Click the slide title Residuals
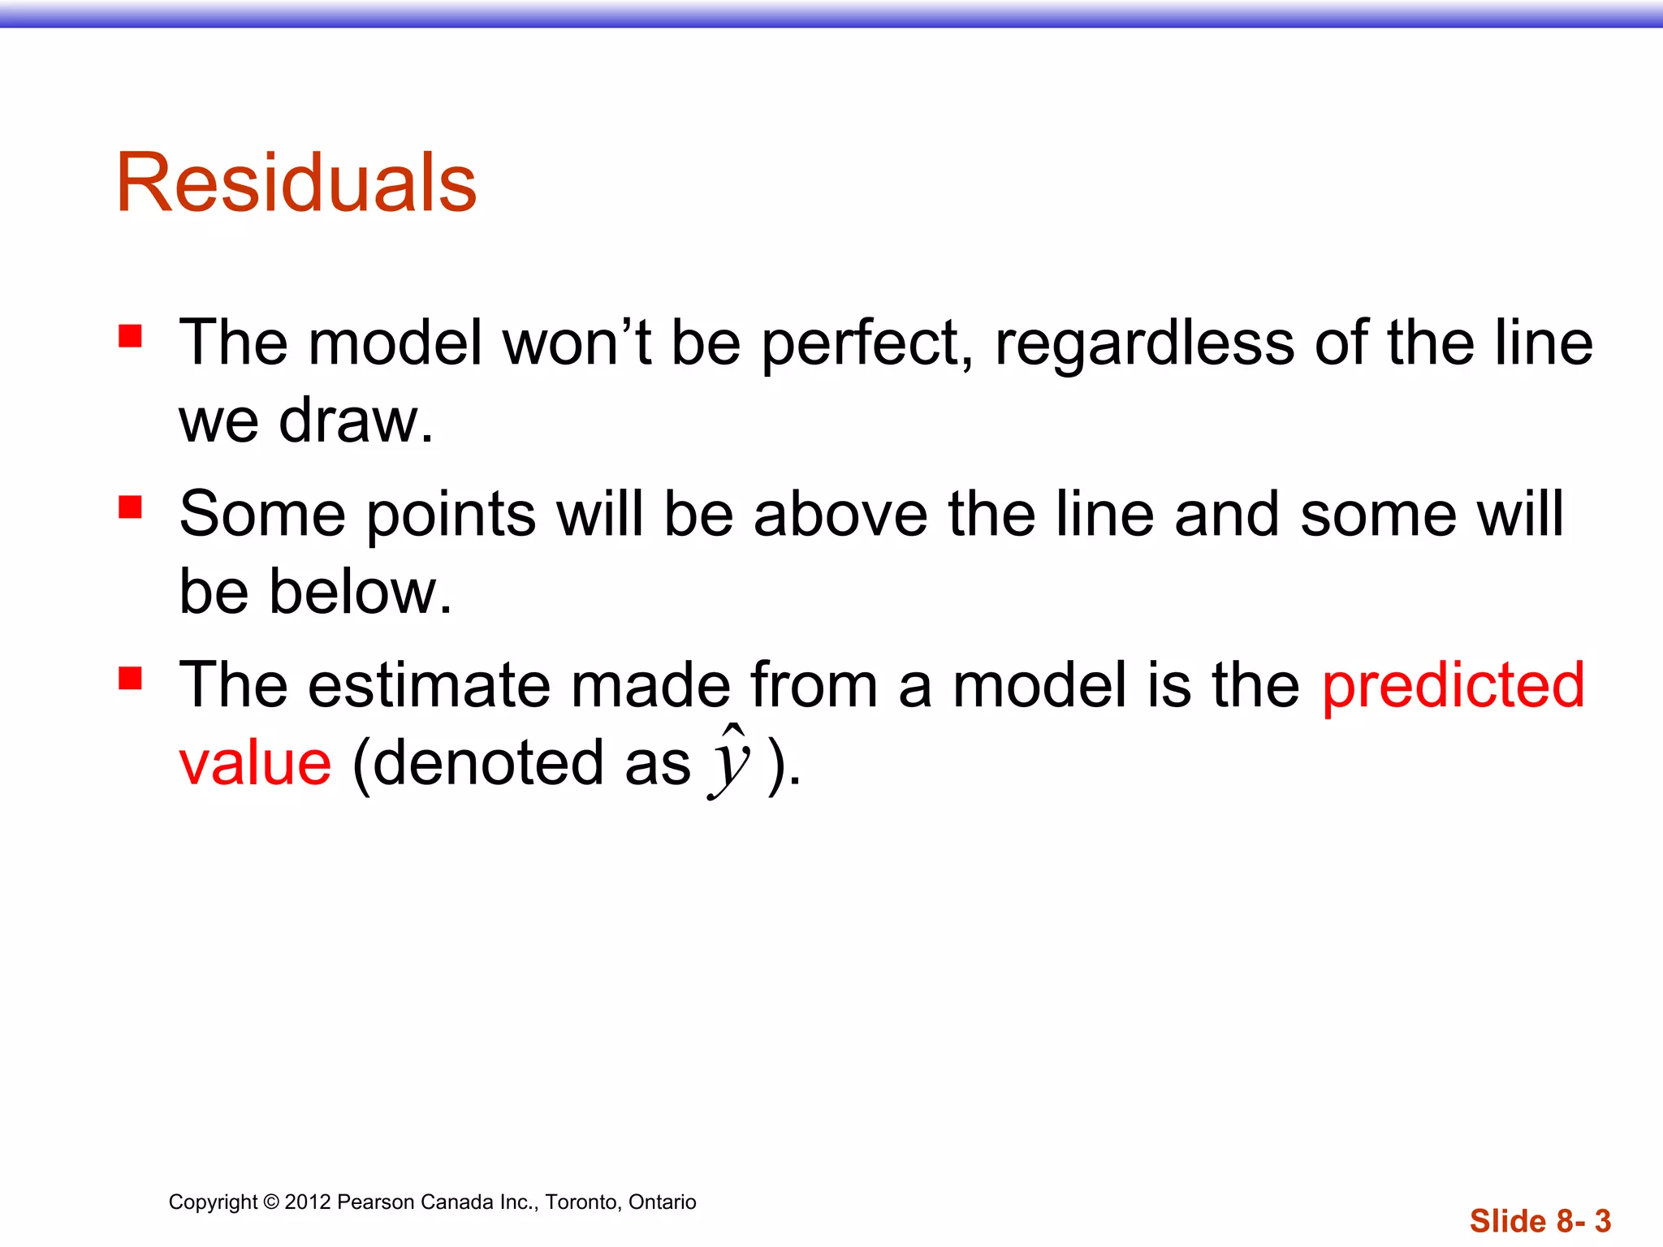point(296,183)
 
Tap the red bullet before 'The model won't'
point(130,336)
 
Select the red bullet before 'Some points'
point(130,507)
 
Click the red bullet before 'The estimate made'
point(130,678)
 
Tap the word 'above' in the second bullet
point(840,515)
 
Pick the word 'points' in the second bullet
point(451,516)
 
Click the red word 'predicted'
point(1453,687)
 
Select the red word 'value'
point(255,764)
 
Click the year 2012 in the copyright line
point(308,1202)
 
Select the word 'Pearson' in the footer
point(374,1202)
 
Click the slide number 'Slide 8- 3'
point(1540,1221)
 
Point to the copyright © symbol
point(271,1202)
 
